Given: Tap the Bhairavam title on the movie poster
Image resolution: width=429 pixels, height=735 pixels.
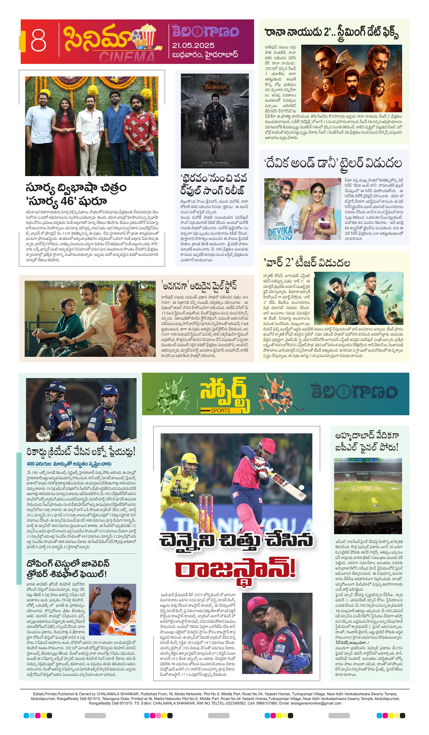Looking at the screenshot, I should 214,87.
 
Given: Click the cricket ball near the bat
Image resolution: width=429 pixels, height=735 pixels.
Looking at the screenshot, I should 301,487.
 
